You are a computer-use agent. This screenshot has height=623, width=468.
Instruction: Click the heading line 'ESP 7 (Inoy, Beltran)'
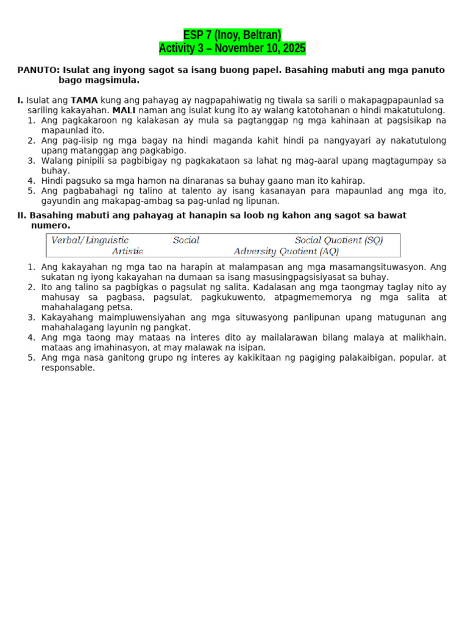[232, 35]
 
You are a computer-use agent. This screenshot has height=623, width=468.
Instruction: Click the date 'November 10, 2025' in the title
[260, 48]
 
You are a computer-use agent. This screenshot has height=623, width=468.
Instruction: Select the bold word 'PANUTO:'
[38, 70]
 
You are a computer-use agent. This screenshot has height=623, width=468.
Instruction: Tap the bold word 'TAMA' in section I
[84, 100]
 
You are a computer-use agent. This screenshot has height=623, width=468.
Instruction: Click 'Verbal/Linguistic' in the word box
[90, 240]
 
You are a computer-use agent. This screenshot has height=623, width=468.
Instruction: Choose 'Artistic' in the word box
[127, 251]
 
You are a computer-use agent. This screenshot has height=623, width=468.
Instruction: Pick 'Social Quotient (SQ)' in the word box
[339, 240]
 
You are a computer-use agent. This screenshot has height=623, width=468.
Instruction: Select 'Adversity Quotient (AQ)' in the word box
[286, 251]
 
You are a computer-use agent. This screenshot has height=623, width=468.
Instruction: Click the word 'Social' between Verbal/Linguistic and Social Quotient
[186, 240]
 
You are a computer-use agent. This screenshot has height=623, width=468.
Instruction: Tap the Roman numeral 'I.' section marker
[20, 100]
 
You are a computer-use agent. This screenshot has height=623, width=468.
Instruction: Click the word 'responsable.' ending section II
[68, 368]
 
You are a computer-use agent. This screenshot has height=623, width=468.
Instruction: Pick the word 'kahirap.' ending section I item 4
[348, 181]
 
